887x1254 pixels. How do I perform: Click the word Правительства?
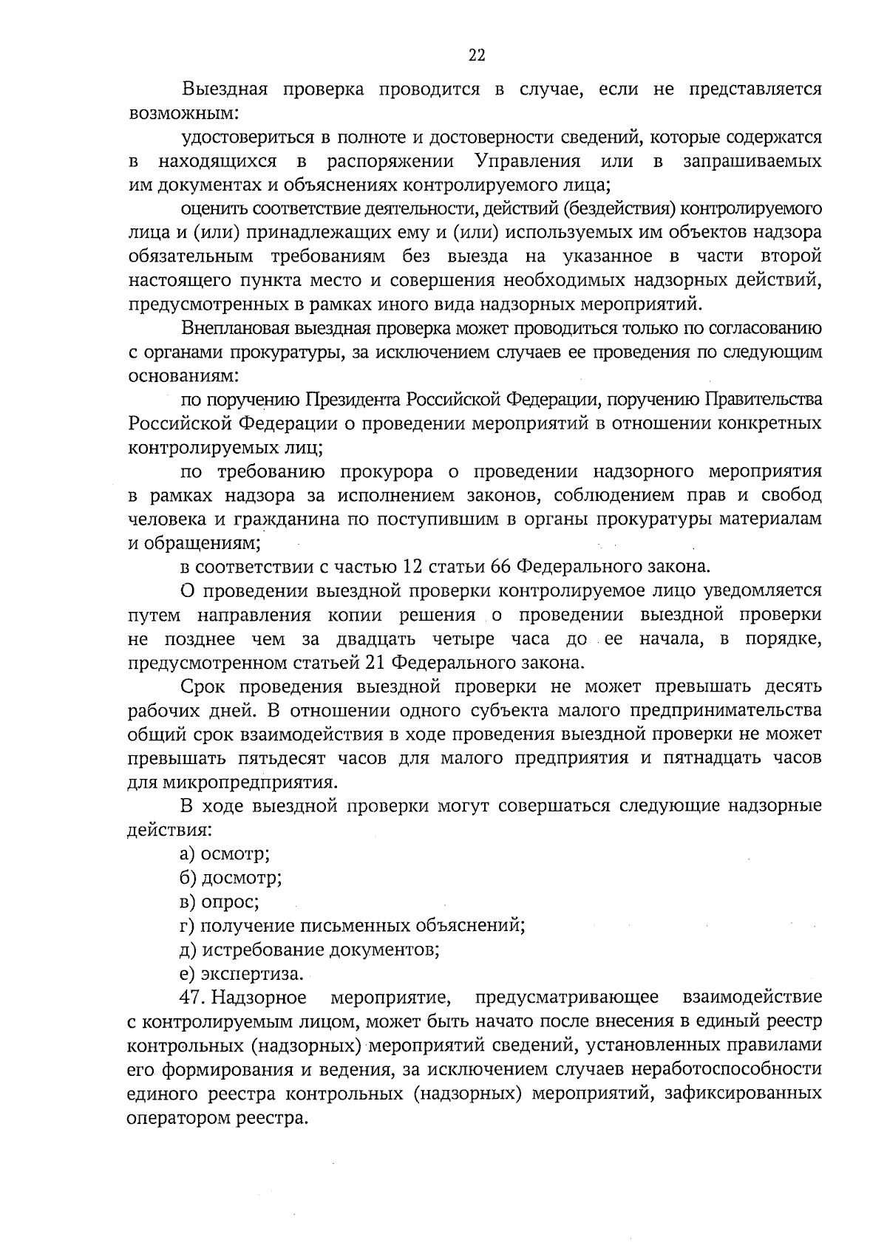tap(764, 400)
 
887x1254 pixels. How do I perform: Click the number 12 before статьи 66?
tap(414, 567)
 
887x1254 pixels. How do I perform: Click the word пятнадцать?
tap(710, 758)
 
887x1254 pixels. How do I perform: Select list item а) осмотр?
tap(225, 854)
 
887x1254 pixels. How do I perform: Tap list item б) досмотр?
tap(230, 878)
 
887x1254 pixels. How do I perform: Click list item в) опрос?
tap(220, 902)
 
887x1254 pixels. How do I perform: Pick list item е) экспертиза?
tap(242, 973)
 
